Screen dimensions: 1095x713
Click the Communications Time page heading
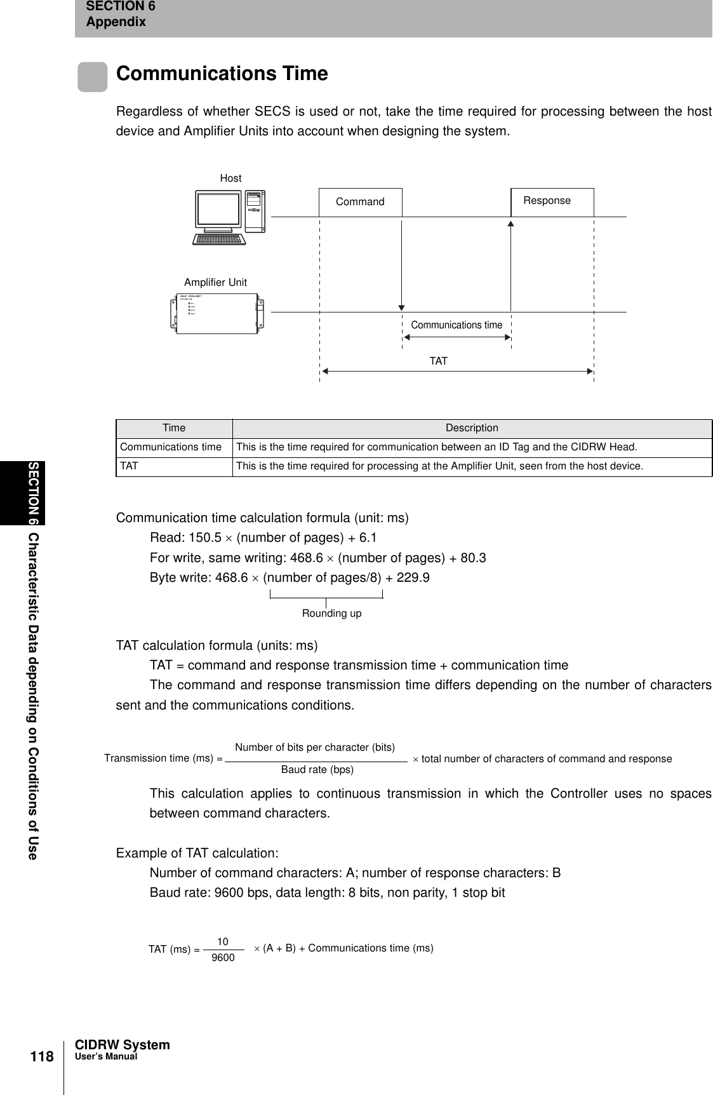pyautogui.click(x=222, y=74)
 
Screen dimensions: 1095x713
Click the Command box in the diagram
pyautogui.click(x=360, y=202)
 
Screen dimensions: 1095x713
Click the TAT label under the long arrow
pyautogui.click(x=438, y=361)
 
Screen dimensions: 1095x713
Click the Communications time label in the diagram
pyautogui.click(x=456, y=325)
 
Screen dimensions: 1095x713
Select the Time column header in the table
pyautogui.click(x=173, y=428)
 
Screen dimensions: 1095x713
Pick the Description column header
pyautogui.click(x=472, y=428)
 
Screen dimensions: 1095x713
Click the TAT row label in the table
pyautogui.click(x=130, y=466)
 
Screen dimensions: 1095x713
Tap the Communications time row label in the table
pyautogui.click(x=171, y=447)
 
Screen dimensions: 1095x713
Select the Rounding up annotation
pyautogui.click(x=331, y=614)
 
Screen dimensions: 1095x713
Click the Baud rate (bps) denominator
pyautogui.click(x=317, y=770)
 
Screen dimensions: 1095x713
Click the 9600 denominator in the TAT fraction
pyautogui.click(x=223, y=957)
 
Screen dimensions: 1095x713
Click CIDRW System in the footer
pyautogui.click(x=123, y=1045)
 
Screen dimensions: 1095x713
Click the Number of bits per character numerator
pyautogui.click(x=315, y=747)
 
